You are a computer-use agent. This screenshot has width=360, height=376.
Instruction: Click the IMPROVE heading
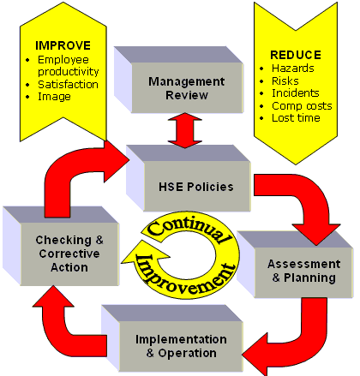pyautogui.click(x=63, y=45)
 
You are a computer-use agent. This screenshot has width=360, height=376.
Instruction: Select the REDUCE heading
pyautogui.click(x=296, y=55)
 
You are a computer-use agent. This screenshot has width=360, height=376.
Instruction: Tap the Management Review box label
pyautogui.click(x=187, y=88)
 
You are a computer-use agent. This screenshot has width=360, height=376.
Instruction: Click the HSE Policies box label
pyautogui.click(x=196, y=187)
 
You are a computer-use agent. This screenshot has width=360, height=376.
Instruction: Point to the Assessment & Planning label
pyautogui.click(x=304, y=271)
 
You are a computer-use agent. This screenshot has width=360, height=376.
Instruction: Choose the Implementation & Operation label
pyautogui.click(x=181, y=346)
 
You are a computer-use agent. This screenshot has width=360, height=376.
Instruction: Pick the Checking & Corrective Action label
pyautogui.click(x=69, y=254)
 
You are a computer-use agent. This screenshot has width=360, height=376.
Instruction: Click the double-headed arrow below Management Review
pyautogui.click(x=185, y=130)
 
